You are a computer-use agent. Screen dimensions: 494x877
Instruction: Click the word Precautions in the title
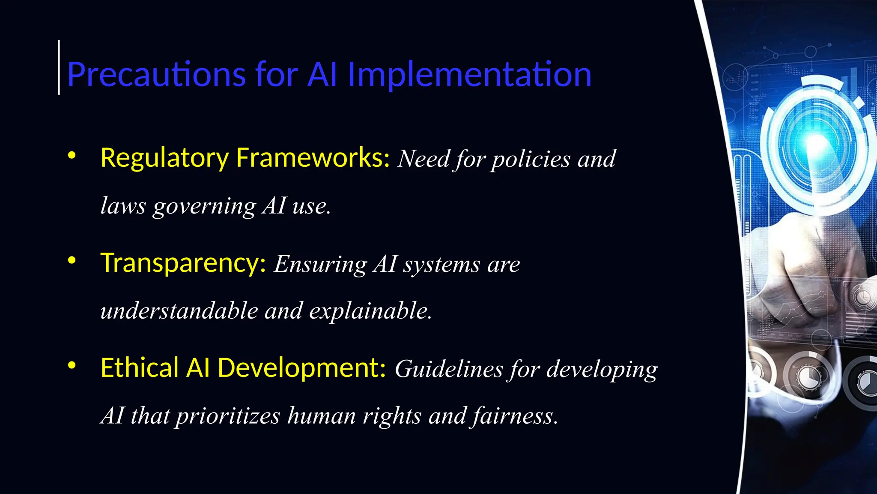pyautogui.click(x=156, y=75)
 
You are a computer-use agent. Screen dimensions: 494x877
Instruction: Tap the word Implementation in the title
pyautogui.click(x=469, y=75)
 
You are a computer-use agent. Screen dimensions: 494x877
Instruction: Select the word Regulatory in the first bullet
pyautogui.click(x=164, y=158)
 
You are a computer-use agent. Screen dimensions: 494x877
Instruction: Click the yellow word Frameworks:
pyautogui.click(x=313, y=158)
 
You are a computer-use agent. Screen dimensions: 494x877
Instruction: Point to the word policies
pyautogui.click(x=531, y=160)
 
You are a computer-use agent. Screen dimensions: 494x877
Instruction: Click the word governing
pyautogui.click(x=204, y=206)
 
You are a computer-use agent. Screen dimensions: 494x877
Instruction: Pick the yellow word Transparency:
pyautogui.click(x=183, y=263)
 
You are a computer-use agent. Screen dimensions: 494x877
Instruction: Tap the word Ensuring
pyautogui.click(x=320, y=264)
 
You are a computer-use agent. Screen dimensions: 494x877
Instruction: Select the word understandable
pyautogui.click(x=179, y=310)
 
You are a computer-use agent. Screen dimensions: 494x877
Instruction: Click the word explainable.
pyautogui.click(x=370, y=310)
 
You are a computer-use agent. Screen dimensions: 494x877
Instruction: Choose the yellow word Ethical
pyautogui.click(x=139, y=368)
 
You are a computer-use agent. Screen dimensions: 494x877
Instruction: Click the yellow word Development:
pyautogui.click(x=302, y=368)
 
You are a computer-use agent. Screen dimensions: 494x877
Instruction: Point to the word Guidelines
pyautogui.click(x=448, y=369)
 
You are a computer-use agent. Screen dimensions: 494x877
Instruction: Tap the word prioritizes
pyautogui.click(x=228, y=416)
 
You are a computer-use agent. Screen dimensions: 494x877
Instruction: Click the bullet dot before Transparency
pyautogui.click(x=72, y=260)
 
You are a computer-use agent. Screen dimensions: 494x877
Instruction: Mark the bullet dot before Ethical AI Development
pyautogui.click(x=72, y=365)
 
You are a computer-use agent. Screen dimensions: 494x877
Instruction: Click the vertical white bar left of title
pyautogui.click(x=59, y=67)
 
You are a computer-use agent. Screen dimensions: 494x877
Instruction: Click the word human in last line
pyautogui.click(x=321, y=416)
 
